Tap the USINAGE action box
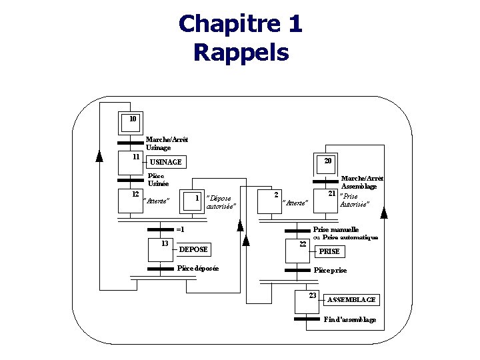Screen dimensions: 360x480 pyautogui.click(x=165, y=162)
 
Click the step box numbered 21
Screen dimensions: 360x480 pyautogui.click(x=328, y=198)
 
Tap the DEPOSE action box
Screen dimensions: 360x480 pyautogui.click(x=195, y=249)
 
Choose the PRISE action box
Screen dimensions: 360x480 pyautogui.click(x=330, y=251)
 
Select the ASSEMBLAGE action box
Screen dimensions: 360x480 pyautogui.click(x=352, y=300)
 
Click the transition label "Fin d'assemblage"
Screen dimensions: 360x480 pyautogui.click(x=349, y=320)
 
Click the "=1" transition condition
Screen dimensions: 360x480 pyautogui.click(x=180, y=229)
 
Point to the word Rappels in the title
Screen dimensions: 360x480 pyautogui.click(x=241, y=51)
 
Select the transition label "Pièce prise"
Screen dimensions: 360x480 pyautogui.click(x=330, y=271)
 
